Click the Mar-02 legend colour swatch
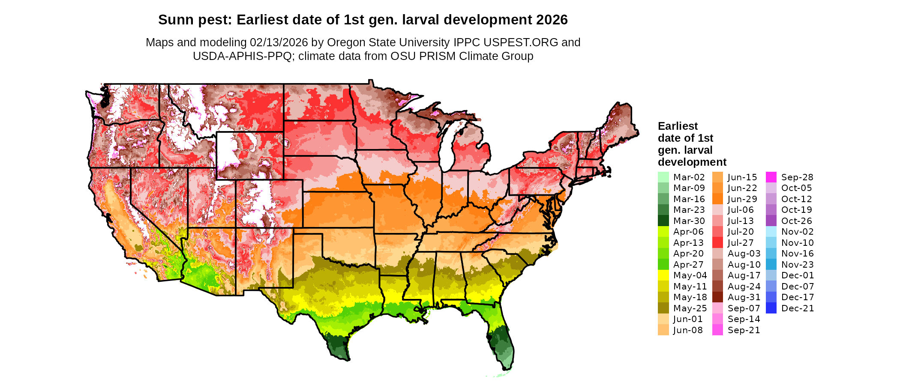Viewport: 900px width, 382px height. pyautogui.click(x=663, y=177)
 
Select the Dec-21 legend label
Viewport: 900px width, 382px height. pyautogui.click(x=797, y=308)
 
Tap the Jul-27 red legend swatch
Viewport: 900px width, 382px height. pyautogui.click(x=717, y=243)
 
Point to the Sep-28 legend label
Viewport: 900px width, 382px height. pyautogui.click(x=797, y=177)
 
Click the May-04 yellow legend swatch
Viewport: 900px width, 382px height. pyautogui.click(x=663, y=275)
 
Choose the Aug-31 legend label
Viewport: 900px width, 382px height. pyautogui.click(x=744, y=297)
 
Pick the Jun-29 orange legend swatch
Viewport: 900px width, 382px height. pyautogui.click(x=717, y=199)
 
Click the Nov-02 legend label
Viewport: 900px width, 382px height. pyautogui.click(x=797, y=232)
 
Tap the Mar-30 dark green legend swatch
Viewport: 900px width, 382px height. pyautogui.click(x=663, y=221)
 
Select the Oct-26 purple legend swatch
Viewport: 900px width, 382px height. pyautogui.click(x=771, y=221)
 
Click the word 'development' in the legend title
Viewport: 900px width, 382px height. pyautogui.click(x=692, y=162)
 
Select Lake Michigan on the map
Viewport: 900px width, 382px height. pyautogui.click(x=447, y=146)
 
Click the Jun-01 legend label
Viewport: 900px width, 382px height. pyautogui.click(x=688, y=319)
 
